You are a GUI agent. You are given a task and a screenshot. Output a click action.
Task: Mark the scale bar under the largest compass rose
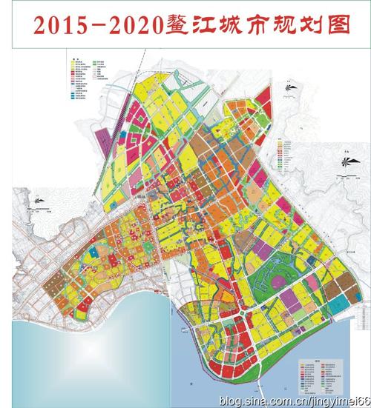[x=344, y=177]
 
